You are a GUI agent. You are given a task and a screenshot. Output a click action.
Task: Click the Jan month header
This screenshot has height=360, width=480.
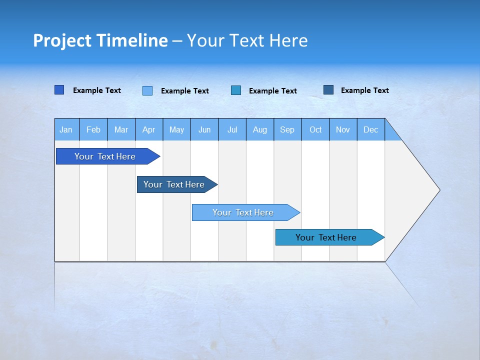coord(66,130)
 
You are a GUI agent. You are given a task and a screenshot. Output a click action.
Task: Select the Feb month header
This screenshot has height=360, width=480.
coord(93,130)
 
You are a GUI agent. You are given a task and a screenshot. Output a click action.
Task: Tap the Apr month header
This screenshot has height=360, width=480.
coord(148,130)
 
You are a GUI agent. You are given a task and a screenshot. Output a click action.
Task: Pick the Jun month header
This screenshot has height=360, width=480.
coord(204,130)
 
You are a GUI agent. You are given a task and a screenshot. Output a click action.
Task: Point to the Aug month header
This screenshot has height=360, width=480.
coord(259,130)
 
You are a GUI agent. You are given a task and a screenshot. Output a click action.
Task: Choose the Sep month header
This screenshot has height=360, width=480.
coord(287,130)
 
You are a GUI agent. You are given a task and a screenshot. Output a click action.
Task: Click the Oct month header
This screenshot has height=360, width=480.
coord(315,130)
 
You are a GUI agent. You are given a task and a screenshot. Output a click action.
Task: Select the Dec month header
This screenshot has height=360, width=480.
coord(370,130)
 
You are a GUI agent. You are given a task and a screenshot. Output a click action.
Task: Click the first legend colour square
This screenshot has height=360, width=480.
coord(59,90)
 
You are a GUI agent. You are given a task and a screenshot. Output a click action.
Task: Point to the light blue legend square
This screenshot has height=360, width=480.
coord(147,90)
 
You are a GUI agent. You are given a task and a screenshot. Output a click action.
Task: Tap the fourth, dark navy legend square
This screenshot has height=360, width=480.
coord(328,90)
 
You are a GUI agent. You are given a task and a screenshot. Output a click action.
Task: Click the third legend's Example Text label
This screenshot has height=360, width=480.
coord(272,91)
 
